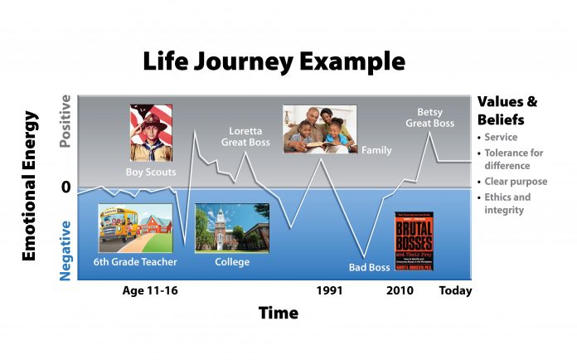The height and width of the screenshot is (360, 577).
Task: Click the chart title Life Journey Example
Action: click(x=274, y=62)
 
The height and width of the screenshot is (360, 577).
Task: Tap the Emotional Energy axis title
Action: click(x=28, y=183)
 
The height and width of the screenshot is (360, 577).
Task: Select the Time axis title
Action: click(x=278, y=314)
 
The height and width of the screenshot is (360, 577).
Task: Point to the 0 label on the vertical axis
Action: click(x=65, y=187)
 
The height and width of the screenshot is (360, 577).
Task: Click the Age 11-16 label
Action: click(x=150, y=290)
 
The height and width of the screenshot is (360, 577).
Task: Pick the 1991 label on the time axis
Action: click(x=330, y=290)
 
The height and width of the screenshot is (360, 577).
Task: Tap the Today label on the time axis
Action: click(x=454, y=290)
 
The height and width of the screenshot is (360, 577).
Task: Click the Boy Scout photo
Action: click(x=150, y=133)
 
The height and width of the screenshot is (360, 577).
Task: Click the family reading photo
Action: click(x=319, y=129)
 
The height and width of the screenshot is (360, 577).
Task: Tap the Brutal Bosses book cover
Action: click(x=414, y=241)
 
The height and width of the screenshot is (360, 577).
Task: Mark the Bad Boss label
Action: click(x=368, y=267)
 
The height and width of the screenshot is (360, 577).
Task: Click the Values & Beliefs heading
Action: click(x=507, y=109)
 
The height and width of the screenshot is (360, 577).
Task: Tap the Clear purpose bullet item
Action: click(x=516, y=182)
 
